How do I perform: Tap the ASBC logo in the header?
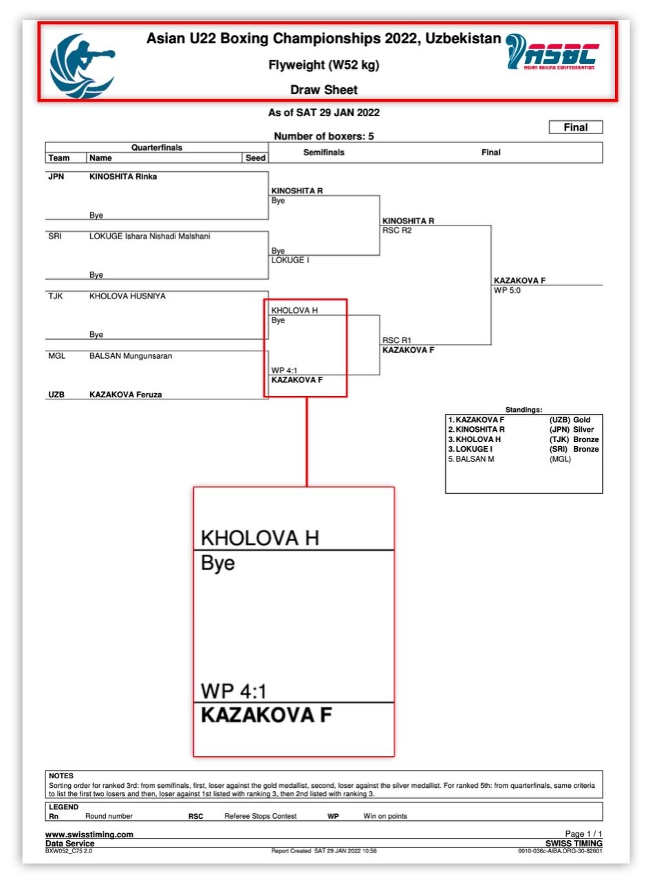pos(551,52)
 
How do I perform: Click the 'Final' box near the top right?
pos(575,127)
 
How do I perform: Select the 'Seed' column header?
pos(255,157)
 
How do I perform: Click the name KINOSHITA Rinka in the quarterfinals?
pos(123,177)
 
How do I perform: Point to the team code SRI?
pos(55,236)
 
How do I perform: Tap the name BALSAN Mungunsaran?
pos(130,356)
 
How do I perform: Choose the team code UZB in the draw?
pos(56,395)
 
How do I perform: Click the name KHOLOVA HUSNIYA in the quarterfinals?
pos(127,296)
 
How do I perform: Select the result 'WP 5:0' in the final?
pos(510,289)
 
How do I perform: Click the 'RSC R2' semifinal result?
pos(396,230)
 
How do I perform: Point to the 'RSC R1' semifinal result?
pos(396,340)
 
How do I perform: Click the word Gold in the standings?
pos(582,419)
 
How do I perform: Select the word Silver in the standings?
pos(584,429)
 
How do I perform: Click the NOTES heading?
pos(61,775)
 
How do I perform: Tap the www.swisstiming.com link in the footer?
pos(89,835)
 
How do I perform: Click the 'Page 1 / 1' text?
pos(583,834)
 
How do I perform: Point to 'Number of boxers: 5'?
pos(323,136)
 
